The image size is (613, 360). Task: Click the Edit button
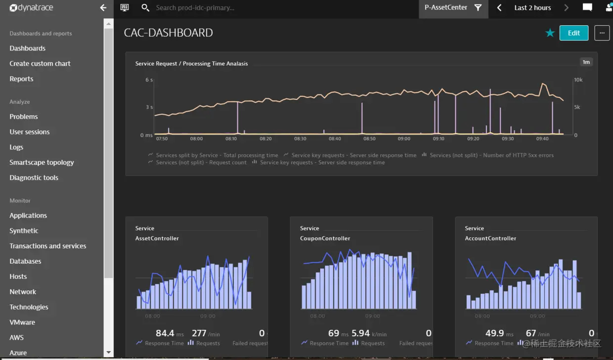pyautogui.click(x=573, y=33)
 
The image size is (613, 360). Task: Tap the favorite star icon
pyautogui.click(x=550, y=33)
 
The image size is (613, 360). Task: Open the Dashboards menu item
pyautogui.click(x=28, y=48)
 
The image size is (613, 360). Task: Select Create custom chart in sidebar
pyautogui.click(x=40, y=64)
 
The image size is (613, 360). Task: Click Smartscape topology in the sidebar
pyautogui.click(x=42, y=163)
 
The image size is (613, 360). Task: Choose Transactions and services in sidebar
pyautogui.click(x=48, y=246)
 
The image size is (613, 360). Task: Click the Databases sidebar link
pyautogui.click(x=25, y=262)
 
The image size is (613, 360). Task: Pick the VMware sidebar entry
pyautogui.click(x=22, y=322)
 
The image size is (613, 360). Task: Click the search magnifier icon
pyautogui.click(x=145, y=8)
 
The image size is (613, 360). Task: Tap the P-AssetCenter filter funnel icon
pyautogui.click(x=478, y=8)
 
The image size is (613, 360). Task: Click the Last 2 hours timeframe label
pyautogui.click(x=532, y=8)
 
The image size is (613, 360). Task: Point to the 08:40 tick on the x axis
pyautogui.click(x=335, y=139)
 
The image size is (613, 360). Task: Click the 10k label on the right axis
pyautogui.click(x=578, y=80)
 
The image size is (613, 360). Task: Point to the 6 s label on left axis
pyautogui.click(x=149, y=80)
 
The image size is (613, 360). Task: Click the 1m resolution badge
pyautogui.click(x=586, y=62)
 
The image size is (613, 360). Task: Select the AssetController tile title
pyautogui.click(x=157, y=238)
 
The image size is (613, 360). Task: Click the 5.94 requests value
pyautogui.click(x=360, y=333)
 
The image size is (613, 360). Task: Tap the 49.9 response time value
pyautogui.click(x=495, y=333)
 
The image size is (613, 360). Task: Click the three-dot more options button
pyautogui.click(x=602, y=33)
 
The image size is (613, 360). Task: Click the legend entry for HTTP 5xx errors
pyautogui.click(x=491, y=155)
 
